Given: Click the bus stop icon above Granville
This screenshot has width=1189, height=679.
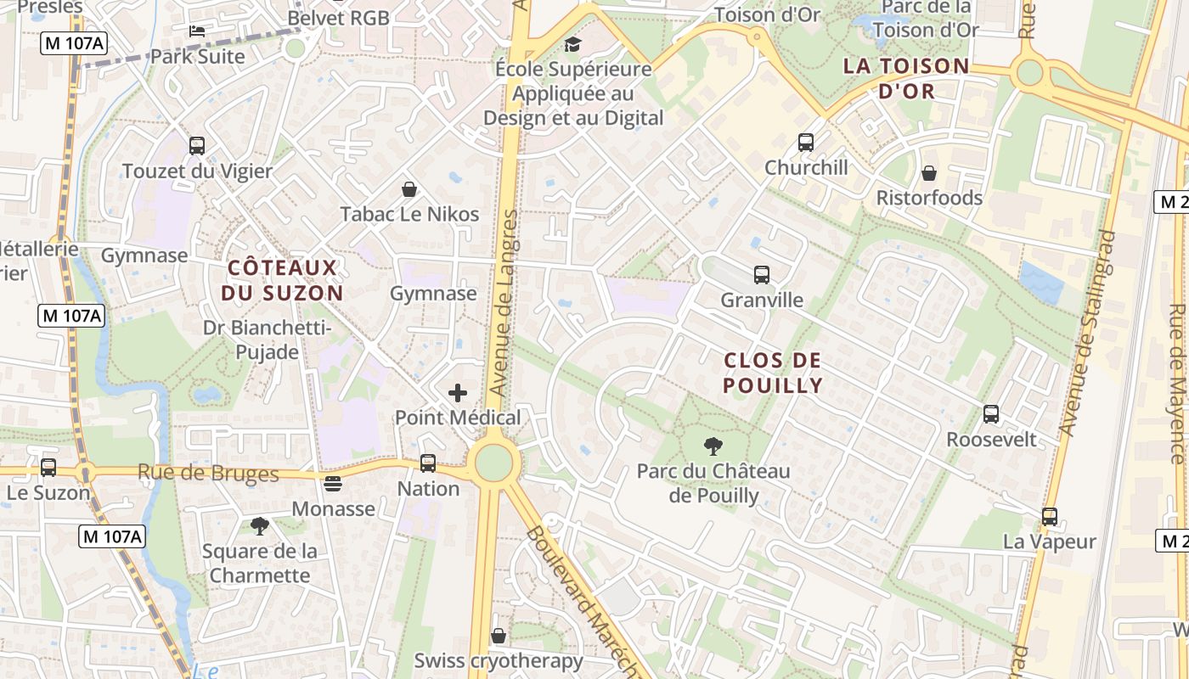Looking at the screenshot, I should [761, 275].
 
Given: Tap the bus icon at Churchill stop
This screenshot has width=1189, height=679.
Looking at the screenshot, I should [805, 143].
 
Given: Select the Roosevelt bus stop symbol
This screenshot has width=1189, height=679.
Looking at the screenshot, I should [991, 414].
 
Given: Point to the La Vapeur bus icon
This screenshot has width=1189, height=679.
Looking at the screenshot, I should [1050, 516].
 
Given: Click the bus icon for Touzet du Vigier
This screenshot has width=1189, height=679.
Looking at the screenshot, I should [197, 146].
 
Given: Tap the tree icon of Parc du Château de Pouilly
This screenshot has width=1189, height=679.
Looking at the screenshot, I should [713, 446].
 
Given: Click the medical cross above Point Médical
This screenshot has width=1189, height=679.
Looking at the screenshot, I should [458, 392].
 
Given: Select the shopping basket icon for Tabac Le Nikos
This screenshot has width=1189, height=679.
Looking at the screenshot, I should [409, 188].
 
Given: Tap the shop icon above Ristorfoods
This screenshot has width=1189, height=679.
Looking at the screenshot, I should [929, 173].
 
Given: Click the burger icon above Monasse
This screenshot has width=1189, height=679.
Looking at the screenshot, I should [333, 484].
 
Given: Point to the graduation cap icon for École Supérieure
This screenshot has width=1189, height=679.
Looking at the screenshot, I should [574, 44].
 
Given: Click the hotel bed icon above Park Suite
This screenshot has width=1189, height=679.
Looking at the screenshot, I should [197, 31].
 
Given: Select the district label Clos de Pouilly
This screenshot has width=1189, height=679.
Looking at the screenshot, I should [773, 373].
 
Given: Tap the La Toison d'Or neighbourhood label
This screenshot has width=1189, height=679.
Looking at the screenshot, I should [905, 78].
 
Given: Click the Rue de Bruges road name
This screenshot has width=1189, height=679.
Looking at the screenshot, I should [208, 474].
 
